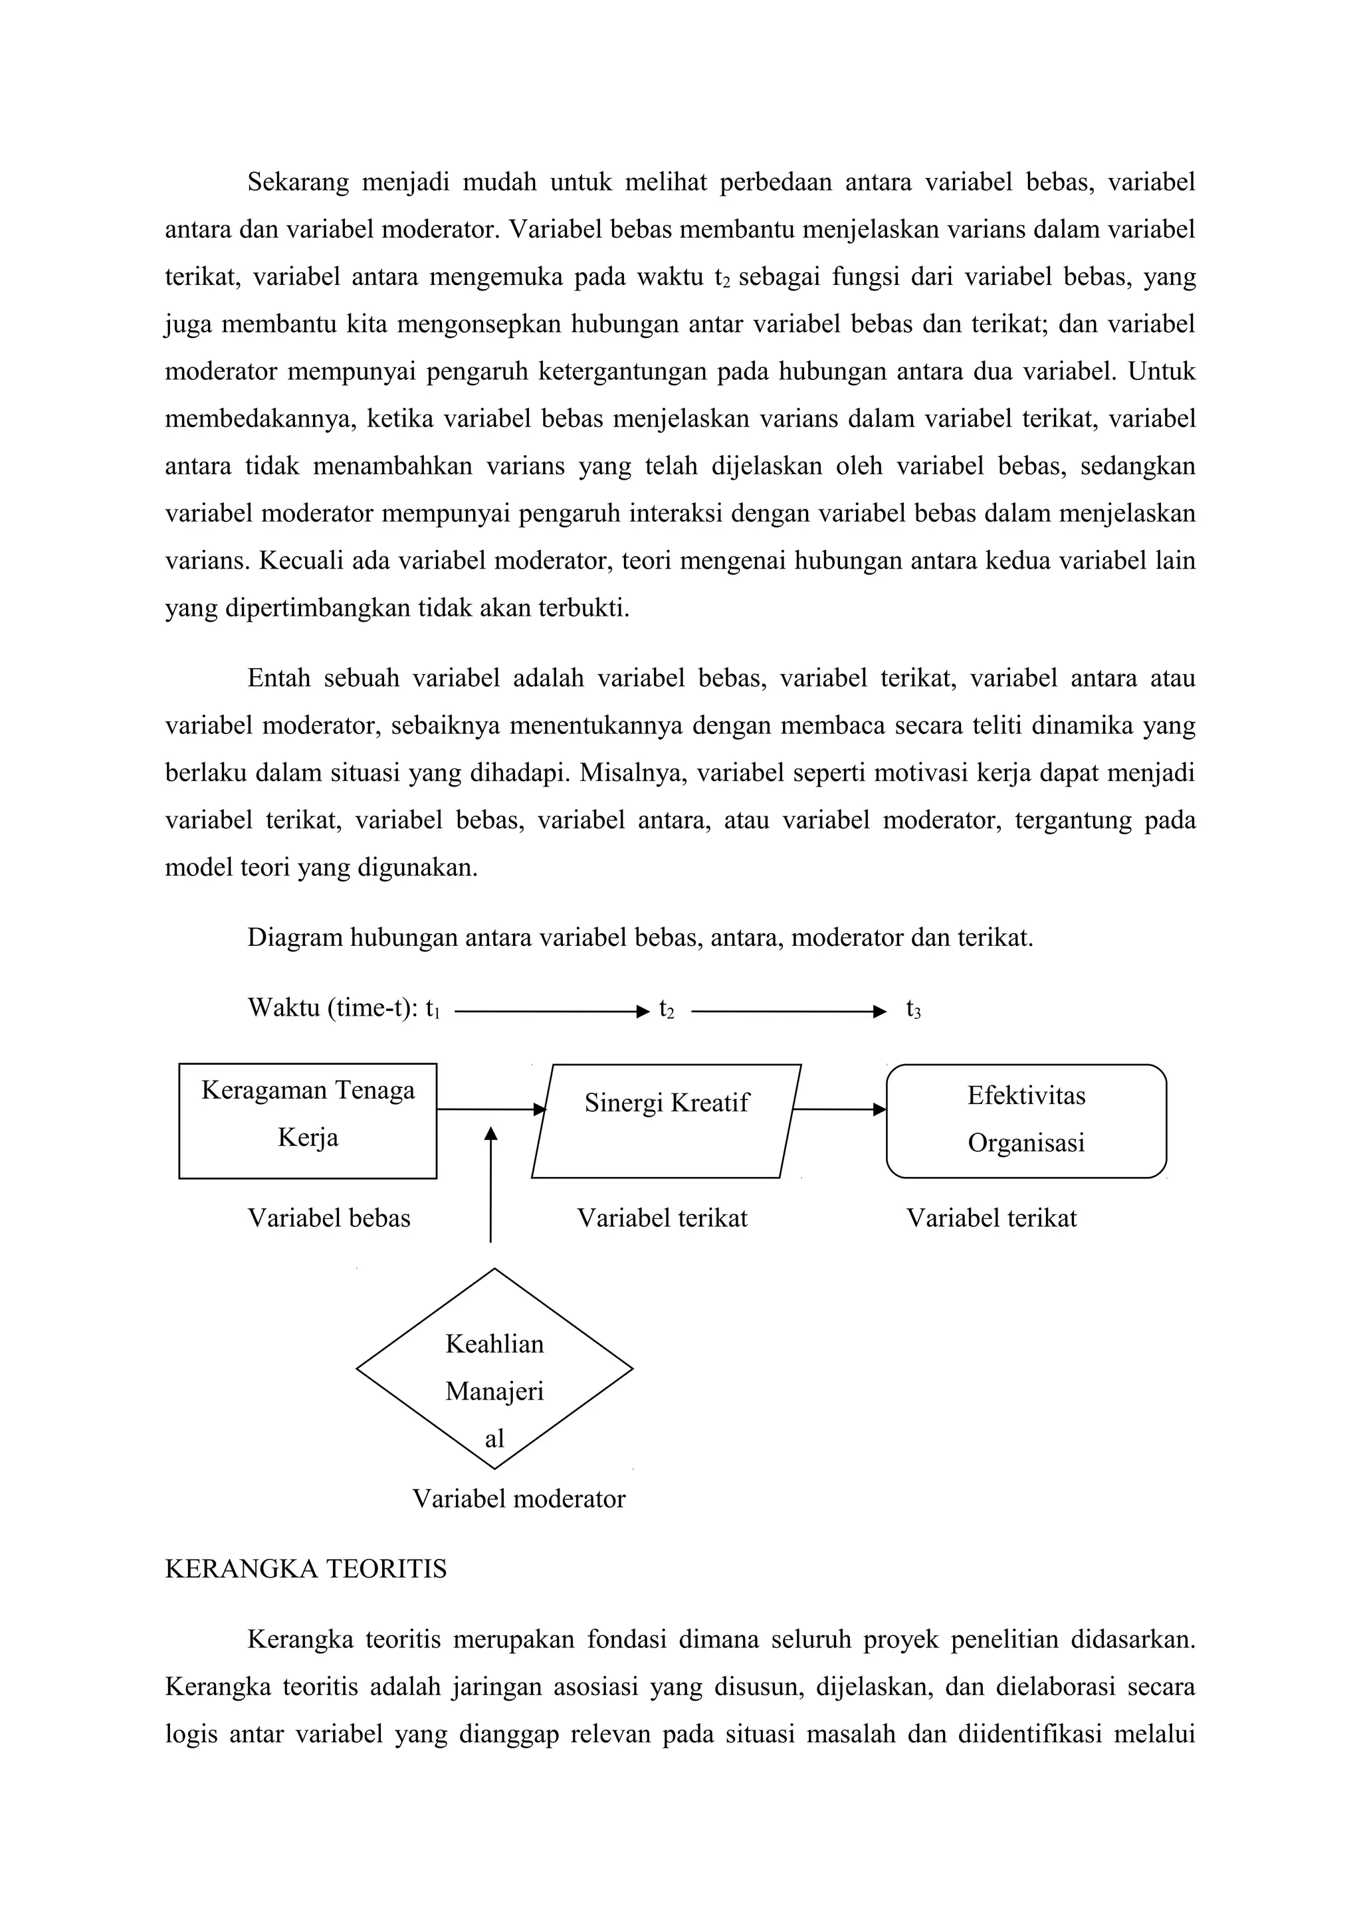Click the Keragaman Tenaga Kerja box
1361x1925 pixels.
(307, 1121)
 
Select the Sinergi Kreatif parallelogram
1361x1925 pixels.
(666, 1121)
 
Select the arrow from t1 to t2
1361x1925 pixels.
(551, 1012)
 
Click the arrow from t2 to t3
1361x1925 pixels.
(787, 1012)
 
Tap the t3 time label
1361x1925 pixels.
(912, 1010)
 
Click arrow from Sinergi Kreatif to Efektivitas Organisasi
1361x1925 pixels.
(838, 1109)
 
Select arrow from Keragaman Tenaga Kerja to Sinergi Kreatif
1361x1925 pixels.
(490, 1109)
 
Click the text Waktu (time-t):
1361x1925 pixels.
(333, 1008)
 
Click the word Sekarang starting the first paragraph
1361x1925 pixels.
(298, 183)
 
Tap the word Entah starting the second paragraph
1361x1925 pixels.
(278, 678)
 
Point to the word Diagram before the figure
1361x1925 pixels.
(294, 938)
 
